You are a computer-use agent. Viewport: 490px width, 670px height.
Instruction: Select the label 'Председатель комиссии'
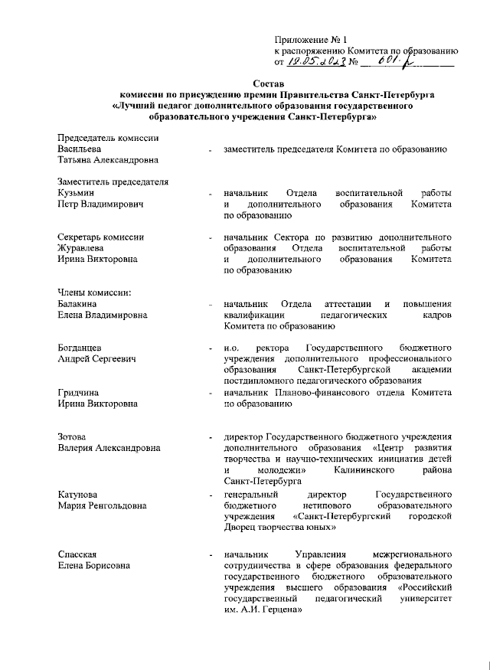coord(108,138)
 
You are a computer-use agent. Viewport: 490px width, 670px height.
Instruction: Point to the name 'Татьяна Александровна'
coord(107,161)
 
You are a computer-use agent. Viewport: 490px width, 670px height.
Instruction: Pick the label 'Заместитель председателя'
coord(113,182)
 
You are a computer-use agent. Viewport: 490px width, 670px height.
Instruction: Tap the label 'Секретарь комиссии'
coord(100,237)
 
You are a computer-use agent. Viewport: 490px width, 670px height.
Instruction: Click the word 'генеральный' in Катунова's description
coord(250,495)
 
